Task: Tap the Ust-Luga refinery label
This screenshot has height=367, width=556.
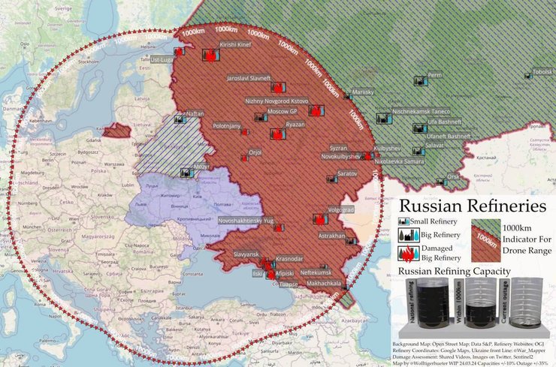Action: [x=162, y=59]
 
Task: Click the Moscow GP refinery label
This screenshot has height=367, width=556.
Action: [x=283, y=111]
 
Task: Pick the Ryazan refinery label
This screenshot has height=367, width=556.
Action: [x=295, y=124]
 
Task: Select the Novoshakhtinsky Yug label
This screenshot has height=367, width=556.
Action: [x=246, y=222]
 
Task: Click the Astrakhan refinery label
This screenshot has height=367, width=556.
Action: [x=331, y=236]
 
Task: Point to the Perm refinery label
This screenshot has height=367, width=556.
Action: [x=434, y=76]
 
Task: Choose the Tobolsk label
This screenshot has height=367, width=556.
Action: [x=542, y=72]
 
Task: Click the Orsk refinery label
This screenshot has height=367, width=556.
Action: [x=453, y=177]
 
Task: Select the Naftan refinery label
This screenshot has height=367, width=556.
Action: [x=194, y=113]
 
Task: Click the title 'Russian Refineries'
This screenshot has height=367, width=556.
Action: [x=471, y=206]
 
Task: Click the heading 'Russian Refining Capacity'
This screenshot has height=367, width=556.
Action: [x=455, y=271]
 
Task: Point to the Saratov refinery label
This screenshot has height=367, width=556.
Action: [x=346, y=173]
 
